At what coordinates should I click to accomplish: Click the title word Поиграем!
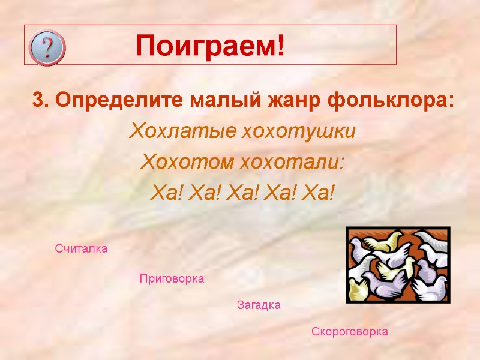pos(209,46)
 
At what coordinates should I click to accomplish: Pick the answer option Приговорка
pos(172,279)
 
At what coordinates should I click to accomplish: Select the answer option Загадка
pos(259,305)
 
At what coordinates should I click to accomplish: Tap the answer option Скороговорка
pos(349,332)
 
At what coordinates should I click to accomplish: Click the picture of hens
pos(398,264)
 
